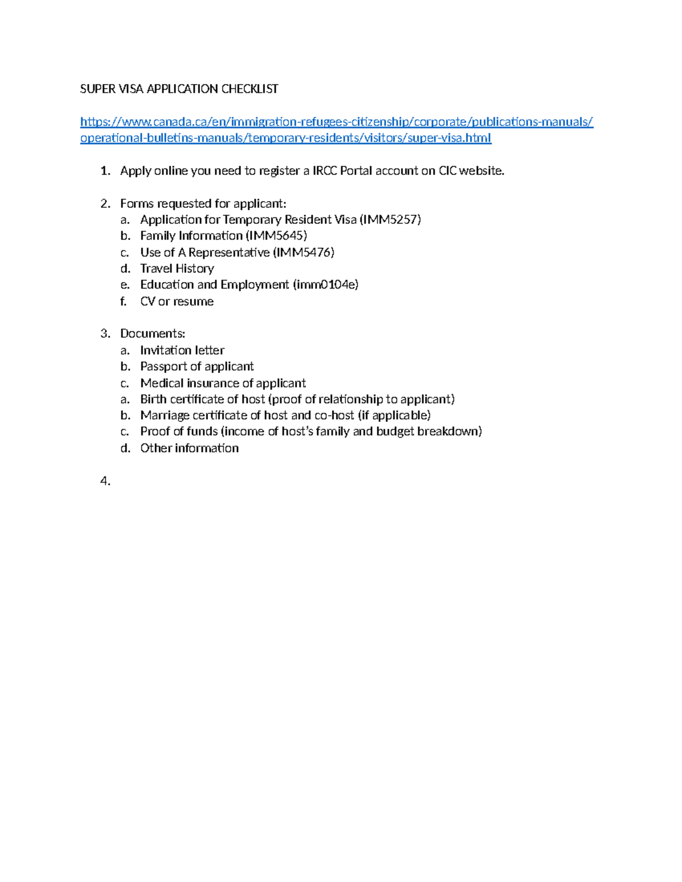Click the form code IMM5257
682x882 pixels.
[390, 219]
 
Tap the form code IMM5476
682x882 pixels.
[303, 252]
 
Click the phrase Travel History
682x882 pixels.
[177, 268]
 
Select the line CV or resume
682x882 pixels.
[177, 301]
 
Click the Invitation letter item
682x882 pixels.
[182, 350]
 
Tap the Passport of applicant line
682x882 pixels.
[197, 366]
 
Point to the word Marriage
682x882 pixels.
[165, 415]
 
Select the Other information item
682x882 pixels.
[189, 448]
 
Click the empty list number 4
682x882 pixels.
[105, 481]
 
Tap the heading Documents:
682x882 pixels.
[152, 333]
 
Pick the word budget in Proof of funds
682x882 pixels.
[395, 431]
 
